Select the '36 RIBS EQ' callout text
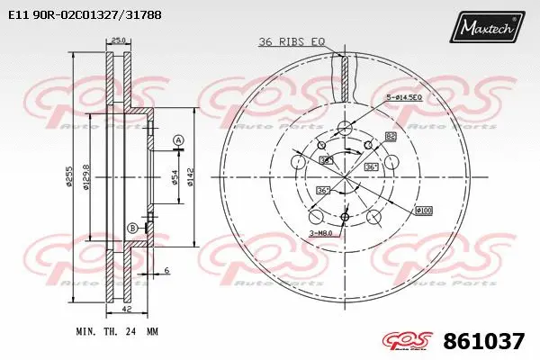pyautogui.click(x=290, y=42)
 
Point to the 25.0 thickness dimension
pyautogui.click(x=117, y=40)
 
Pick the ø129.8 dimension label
pyautogui.click(x=86, y=175)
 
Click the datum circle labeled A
pyautogui.click(x=178, y=139)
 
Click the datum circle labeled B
pyautogui.click(x=133, y=228)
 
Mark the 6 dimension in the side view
pyautogui.click(x=167, y=271)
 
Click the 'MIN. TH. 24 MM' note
pyautogui.click(x=117, y=332)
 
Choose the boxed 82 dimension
pyautogui.click(x=391, y=136)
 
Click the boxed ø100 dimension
pyautogui.click(x=422, y=211)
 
